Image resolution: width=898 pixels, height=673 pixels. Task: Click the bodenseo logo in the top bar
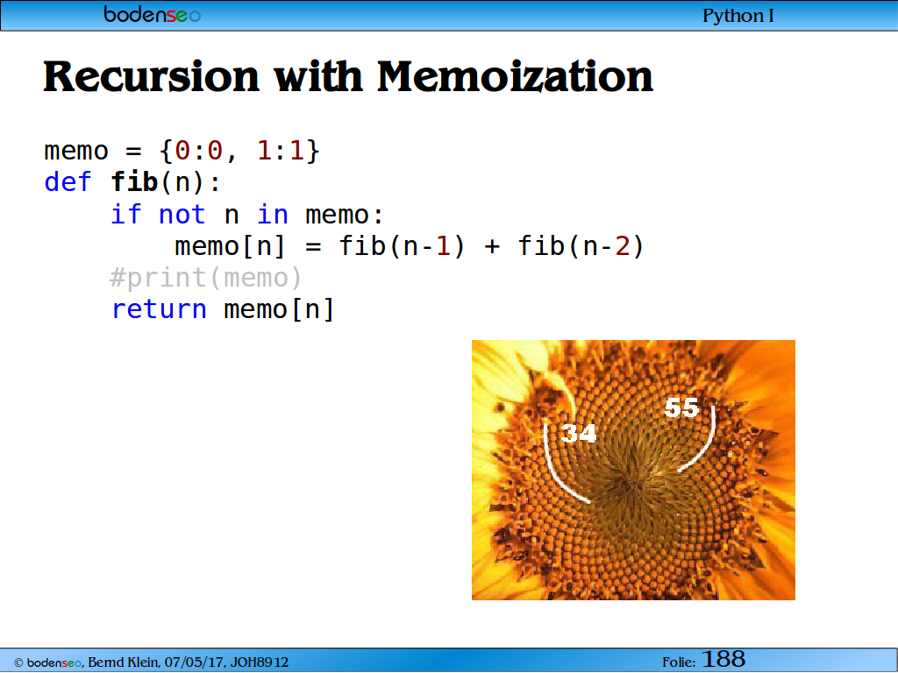(152, 14)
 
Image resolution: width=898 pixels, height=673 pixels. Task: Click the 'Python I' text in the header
(738, 16)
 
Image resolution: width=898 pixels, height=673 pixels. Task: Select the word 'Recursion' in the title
(151, 76)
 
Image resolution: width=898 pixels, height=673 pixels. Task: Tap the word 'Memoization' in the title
(515, 76)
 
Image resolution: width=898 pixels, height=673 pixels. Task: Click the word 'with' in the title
(317, 76)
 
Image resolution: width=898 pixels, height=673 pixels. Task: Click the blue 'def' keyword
(68, 182)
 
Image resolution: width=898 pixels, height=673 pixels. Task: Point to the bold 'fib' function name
(134, 182)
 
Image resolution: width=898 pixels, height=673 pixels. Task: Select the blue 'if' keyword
(125, 214)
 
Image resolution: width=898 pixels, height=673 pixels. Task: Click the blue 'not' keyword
(182, 215)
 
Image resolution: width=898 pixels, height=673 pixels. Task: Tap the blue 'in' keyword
(273, 215)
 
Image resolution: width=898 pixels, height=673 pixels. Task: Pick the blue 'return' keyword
(159, 309)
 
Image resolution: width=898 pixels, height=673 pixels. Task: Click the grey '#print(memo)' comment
(205, 278)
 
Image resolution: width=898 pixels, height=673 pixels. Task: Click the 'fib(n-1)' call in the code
(402, 246)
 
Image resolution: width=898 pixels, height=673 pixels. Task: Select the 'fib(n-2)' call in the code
(581, 246)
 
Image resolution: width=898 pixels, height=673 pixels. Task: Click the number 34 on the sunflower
(579, 433)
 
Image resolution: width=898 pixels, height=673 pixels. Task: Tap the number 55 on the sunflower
(681, 408)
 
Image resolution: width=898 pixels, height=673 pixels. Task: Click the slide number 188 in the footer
(723, 659)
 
